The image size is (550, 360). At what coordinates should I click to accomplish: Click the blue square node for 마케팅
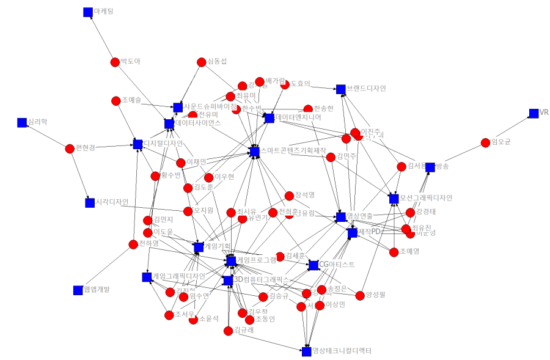[x=87, y=12]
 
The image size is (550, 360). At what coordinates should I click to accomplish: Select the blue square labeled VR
[x=533, y=113]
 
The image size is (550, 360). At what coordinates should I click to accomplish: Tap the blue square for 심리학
[x=22, y=122]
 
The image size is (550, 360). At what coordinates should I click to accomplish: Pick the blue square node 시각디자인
[x=89, y=202]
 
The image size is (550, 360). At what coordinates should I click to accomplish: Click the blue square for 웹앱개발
[x=78, y=290]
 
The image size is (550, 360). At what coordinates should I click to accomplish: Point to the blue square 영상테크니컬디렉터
[x=306, y=351]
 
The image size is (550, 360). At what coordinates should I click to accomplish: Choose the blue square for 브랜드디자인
[x=340, y=89]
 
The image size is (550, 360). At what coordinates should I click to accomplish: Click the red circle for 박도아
[x=114, y=62]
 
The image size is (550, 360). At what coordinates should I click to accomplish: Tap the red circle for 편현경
[x=69, y=147]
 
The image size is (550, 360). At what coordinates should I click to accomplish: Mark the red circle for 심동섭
[x=201, y=62]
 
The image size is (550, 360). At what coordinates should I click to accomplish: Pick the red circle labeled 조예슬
[x=116, y=100]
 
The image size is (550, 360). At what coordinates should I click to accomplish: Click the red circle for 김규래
[x=228, y=331]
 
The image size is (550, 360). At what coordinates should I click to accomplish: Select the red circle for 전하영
[x=133, y=244]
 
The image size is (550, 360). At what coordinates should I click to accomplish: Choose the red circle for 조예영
[x=394, y=251]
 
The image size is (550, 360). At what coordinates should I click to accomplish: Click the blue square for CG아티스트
[x=313, y=265]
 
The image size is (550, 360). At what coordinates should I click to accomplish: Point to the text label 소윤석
[x=208, y=318]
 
